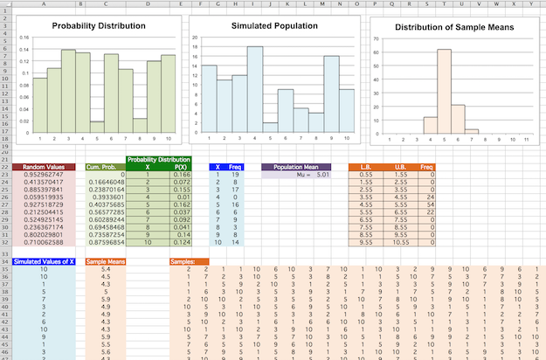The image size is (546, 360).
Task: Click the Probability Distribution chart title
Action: [99, 26]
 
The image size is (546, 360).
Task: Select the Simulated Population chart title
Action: [274, 26]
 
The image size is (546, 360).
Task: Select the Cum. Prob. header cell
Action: [104, 166]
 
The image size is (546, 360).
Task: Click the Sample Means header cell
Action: [106, 261]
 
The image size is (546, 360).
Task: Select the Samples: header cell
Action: [183, 261]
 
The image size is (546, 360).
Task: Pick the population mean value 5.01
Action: [321, 174]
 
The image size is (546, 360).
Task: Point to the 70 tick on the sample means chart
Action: [375, 39]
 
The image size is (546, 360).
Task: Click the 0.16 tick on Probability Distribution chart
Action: [24, 38]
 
